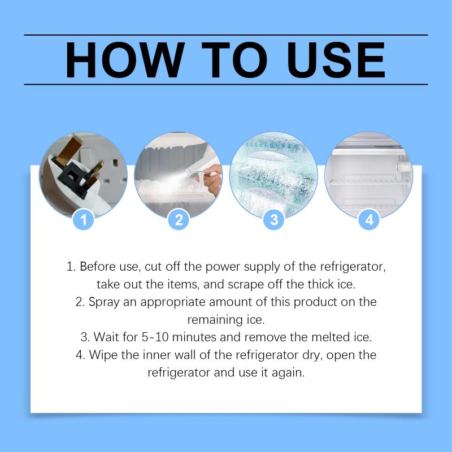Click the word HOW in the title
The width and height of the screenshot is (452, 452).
click(x=124, y=60)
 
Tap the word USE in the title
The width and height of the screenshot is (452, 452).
click(x=336, y=60)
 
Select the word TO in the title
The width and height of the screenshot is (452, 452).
click(x=234, y=60)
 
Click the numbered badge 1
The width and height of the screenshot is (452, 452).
click(x=84, y=220)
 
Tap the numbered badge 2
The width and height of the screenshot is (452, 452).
click(x=179, y=220)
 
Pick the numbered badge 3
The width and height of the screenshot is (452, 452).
click(x=274, y=220)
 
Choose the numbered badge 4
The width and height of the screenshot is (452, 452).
click(x=370, y=220)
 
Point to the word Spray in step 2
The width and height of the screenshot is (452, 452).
click(x=104, y=302)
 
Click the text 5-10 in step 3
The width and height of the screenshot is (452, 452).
click(x=155, y=337)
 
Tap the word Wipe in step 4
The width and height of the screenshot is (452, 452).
click(x=103, y=355)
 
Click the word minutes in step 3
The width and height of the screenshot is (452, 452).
click(x=194, y=337)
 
